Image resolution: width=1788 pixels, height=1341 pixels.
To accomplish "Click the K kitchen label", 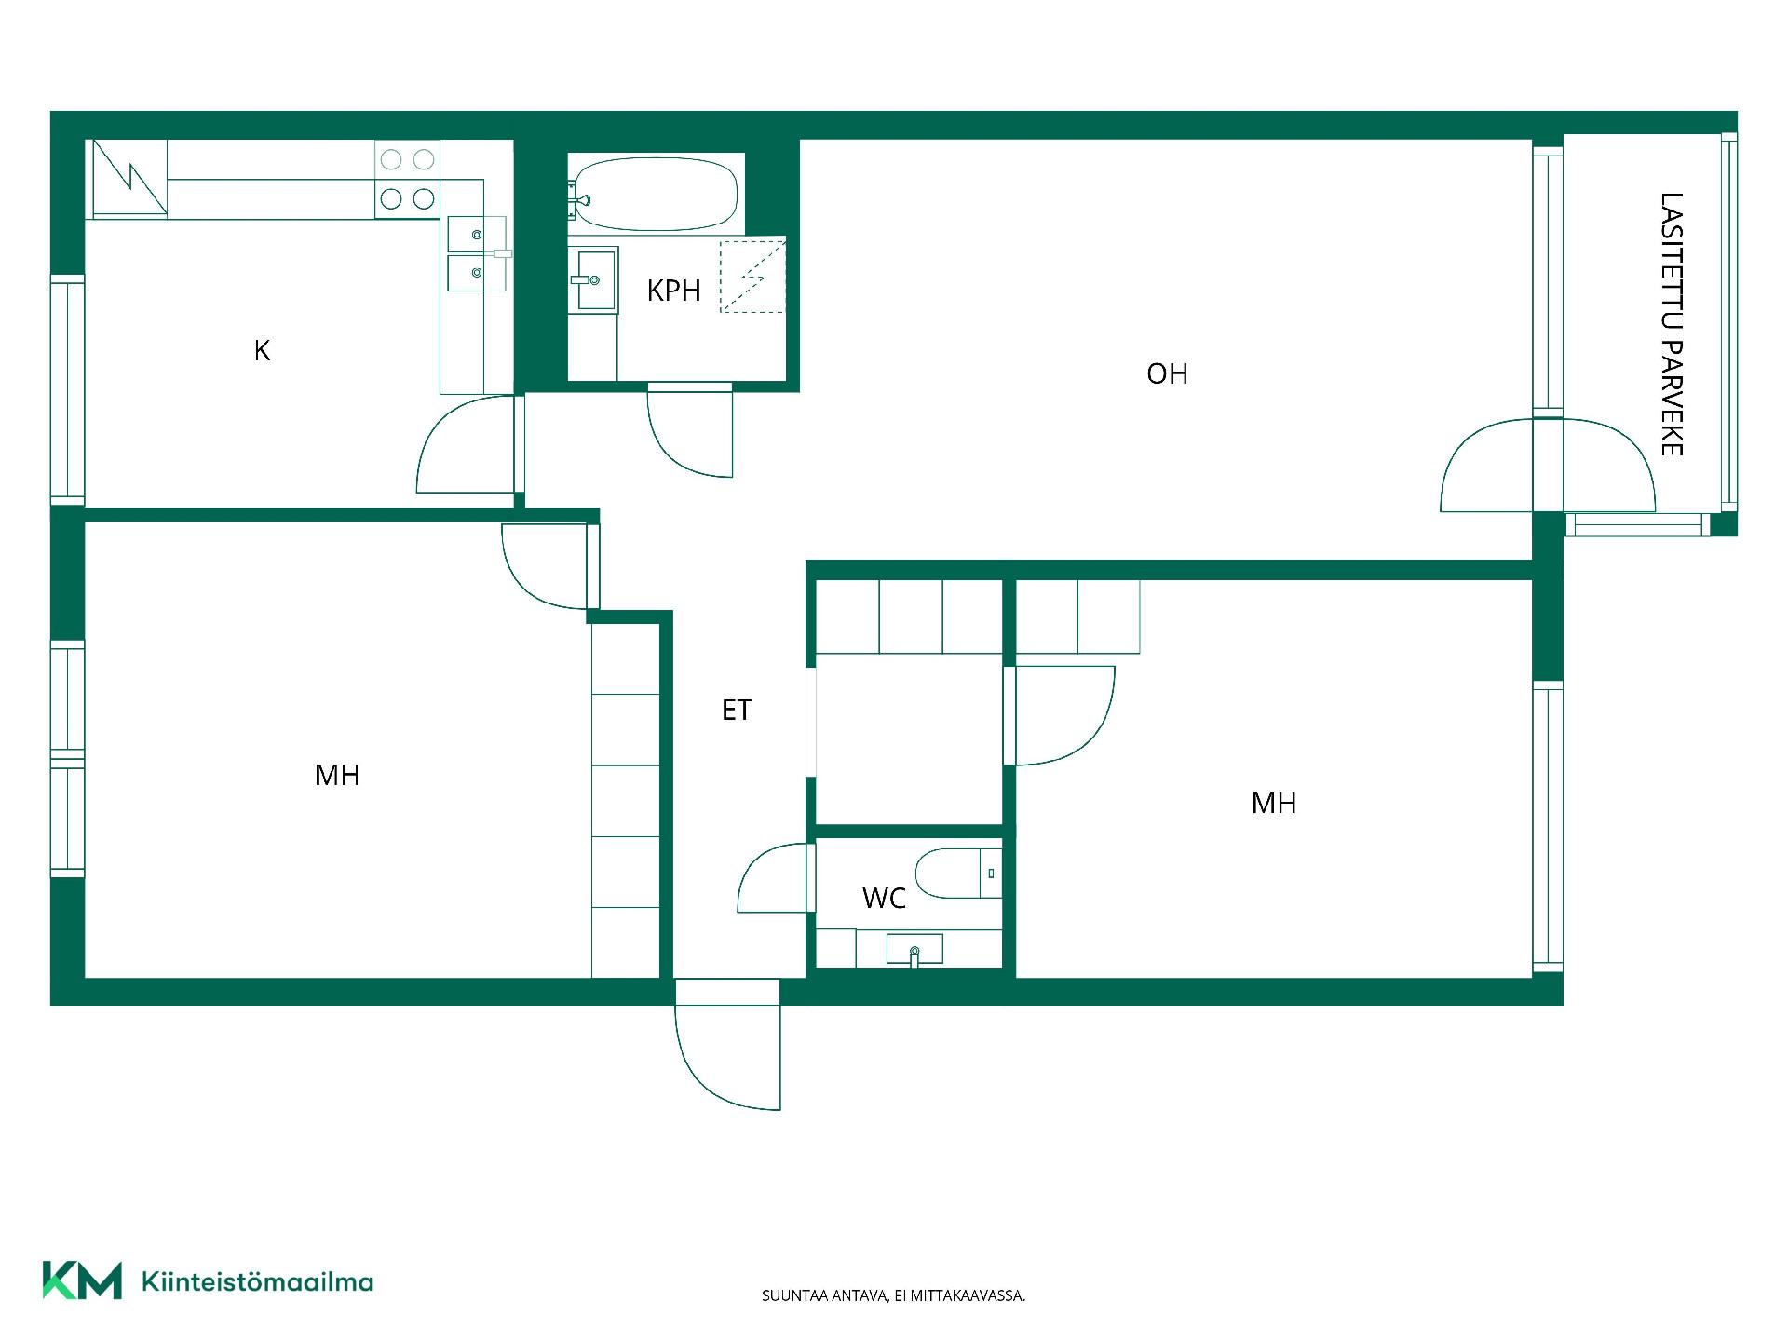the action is pyautogui.click(x=263, y=350).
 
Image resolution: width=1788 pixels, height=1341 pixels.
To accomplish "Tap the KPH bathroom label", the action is pyautogui.click(x=673, y=291).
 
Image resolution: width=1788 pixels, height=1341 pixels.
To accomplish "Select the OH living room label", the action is pyautogui.click(x=1167, y=373).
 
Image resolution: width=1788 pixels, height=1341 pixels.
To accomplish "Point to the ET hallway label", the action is pyautogui.click(x=737, y=711).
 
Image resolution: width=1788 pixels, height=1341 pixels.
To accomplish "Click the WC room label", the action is pyautogui.click(x=884, y=899).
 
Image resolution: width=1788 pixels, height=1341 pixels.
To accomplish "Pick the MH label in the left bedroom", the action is pyautogui.click(x=337, y=775).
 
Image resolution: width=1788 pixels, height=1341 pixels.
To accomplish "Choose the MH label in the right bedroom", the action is pyautogui.click(x=1274, y=803).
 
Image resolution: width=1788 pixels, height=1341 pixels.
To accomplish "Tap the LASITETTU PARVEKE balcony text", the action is pyautogui.click(x=1672, y=324).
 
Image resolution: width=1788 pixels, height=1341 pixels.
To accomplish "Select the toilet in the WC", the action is pyautogui.click(x=957, y=874).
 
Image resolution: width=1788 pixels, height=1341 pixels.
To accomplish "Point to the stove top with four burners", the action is pyautogui.click(x=407, y=179).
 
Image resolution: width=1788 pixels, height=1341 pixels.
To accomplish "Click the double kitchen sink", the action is pyautogui.click(x=476, y=253).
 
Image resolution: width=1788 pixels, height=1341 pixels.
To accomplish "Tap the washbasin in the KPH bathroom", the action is pyautogui.click(x=592, y=279).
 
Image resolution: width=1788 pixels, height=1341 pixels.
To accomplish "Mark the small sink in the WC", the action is pyautogui.click(x=914, y=950).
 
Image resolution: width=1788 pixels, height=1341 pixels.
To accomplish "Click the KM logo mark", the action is pyautogui.click(x=82, y=1280).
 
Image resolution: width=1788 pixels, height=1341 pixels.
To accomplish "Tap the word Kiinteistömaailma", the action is pyautogui.click(x=257, y=1281).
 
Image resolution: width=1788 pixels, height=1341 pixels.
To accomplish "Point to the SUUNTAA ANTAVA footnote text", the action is pyautogui.click(x=894, y=1295).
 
